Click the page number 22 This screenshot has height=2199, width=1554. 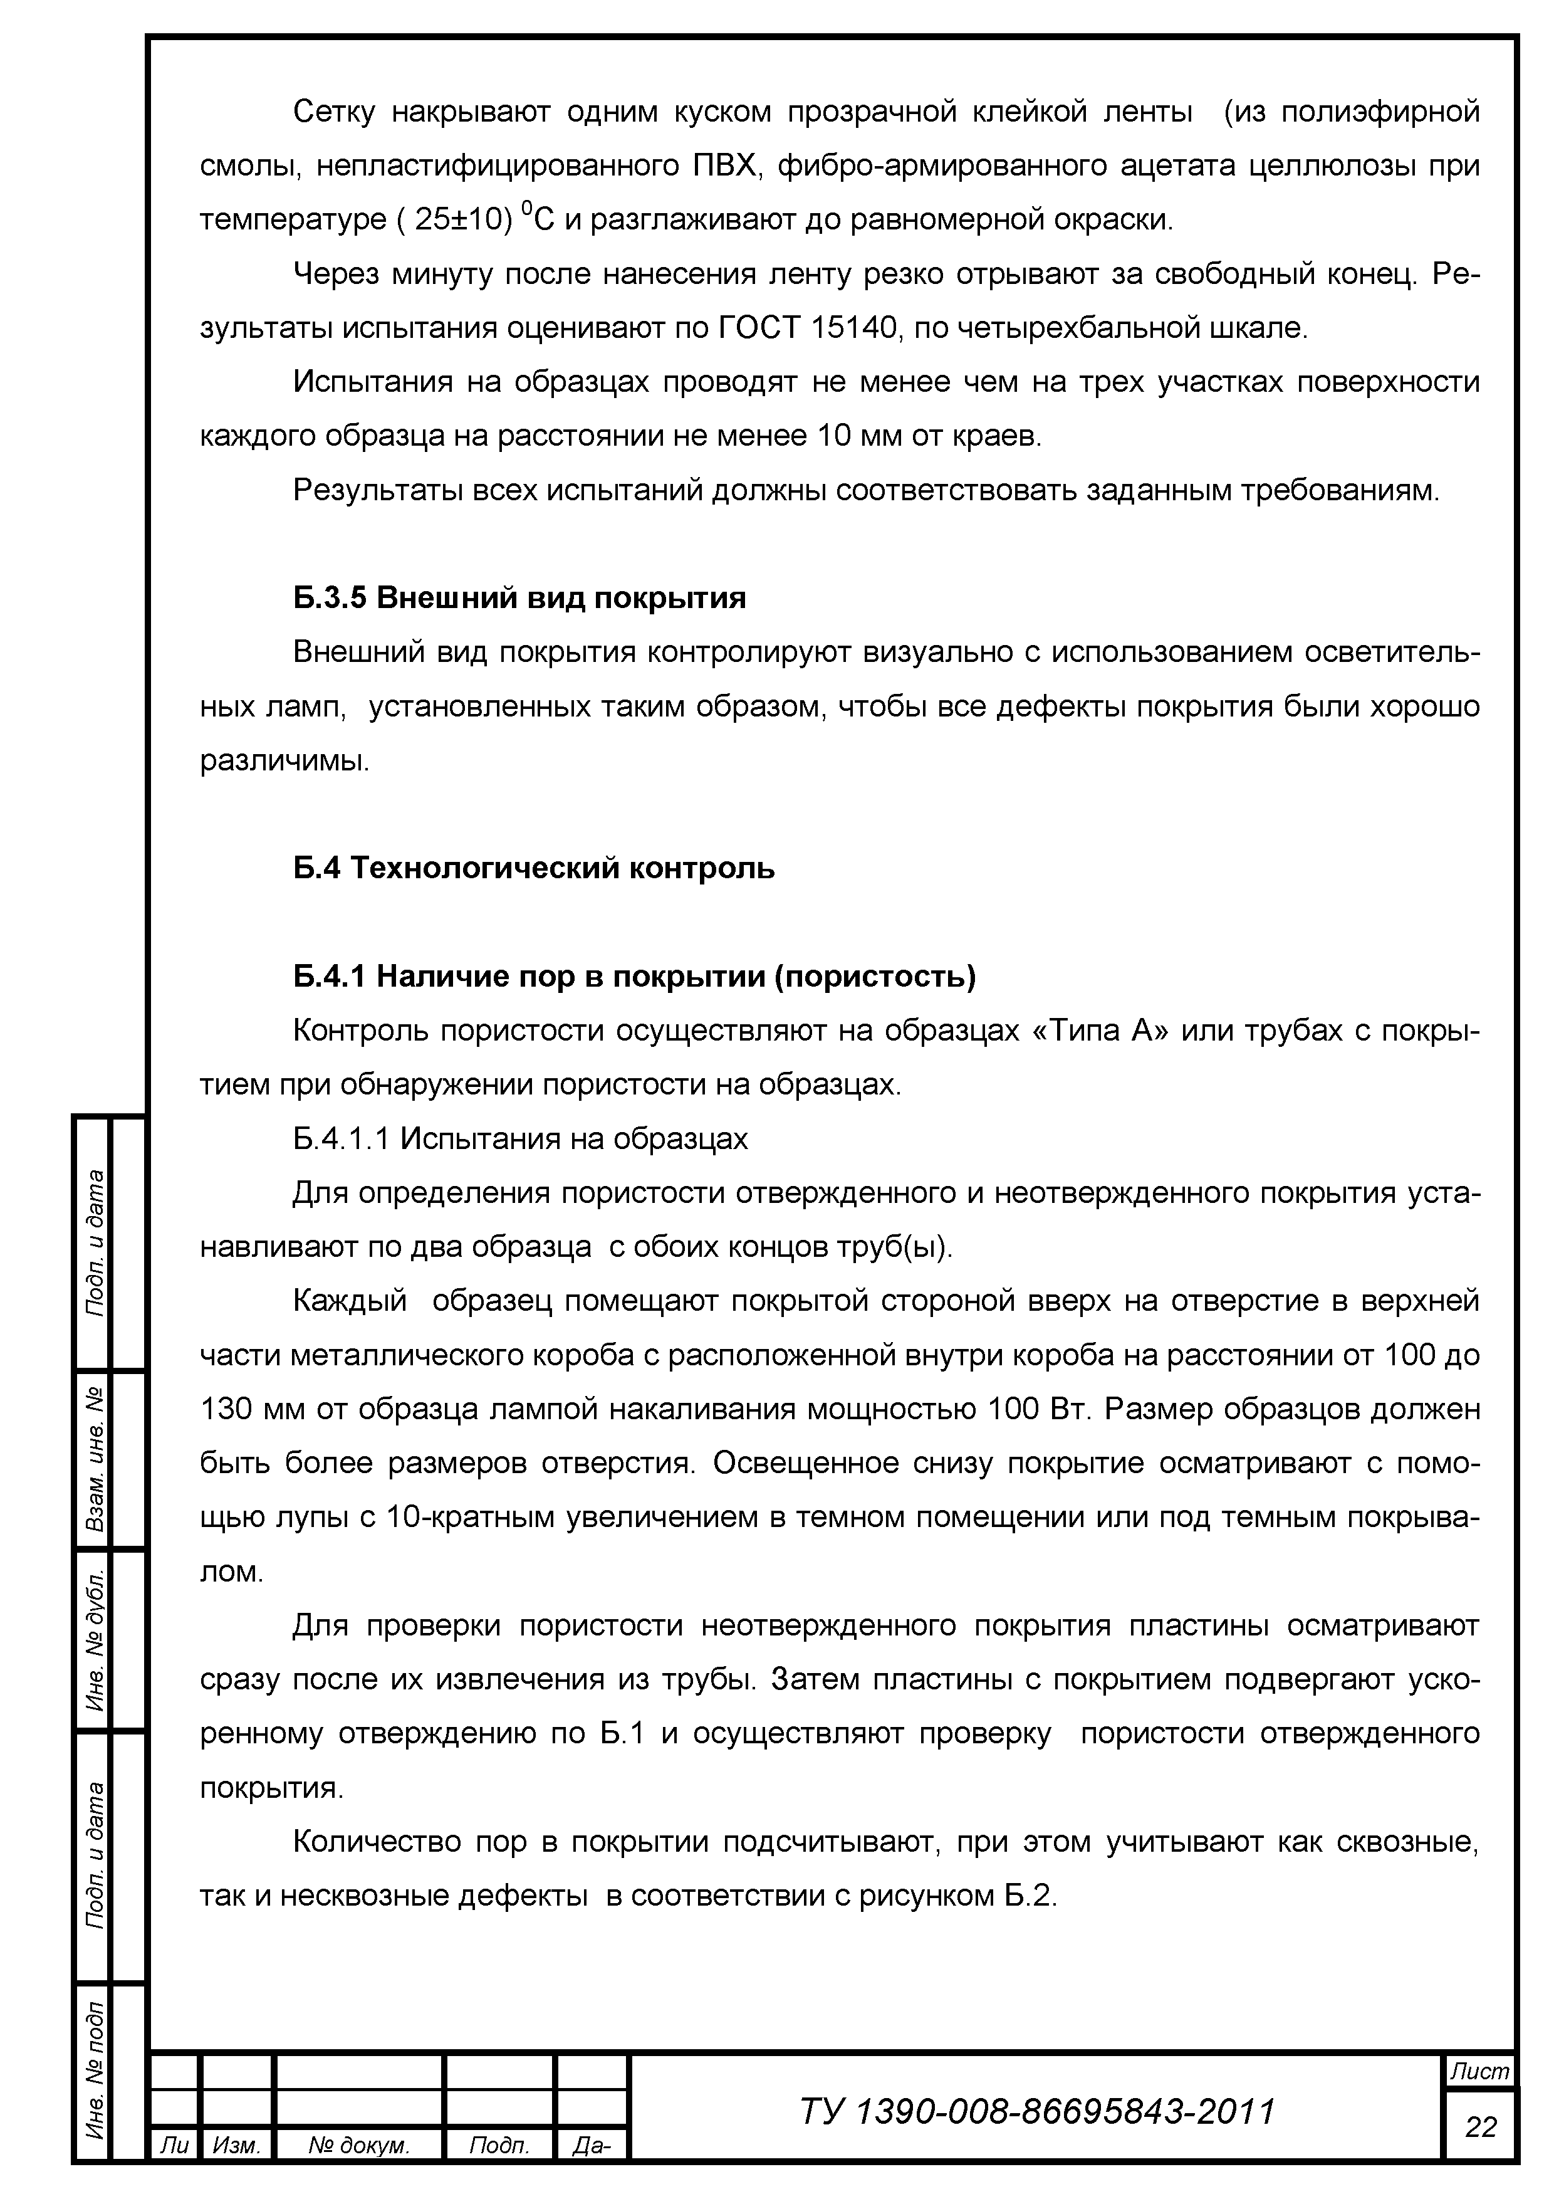pyautogui.click(x=1479, y=2127)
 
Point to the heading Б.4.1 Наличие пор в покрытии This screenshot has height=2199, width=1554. pyautogui.click(x=634, y=976)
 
